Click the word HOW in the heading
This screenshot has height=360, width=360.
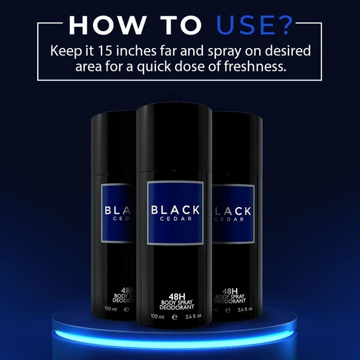107,25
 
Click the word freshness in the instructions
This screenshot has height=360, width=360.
255,67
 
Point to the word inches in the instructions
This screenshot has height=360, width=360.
136,51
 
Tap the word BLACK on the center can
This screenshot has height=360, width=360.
175,210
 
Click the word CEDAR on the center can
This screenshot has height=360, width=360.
176,219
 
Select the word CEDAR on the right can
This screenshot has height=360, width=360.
229,219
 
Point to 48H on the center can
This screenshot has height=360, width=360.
177,296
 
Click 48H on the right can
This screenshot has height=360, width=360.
230,291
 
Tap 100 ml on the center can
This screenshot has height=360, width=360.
157,316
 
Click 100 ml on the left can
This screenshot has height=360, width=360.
110,308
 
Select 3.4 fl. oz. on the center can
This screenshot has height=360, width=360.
194,316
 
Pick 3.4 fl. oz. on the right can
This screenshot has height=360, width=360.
245,309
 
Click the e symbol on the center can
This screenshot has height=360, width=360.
175,317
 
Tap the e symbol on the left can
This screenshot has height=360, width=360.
126,309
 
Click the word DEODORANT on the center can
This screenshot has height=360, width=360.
177,307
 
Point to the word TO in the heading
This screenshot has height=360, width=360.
181,25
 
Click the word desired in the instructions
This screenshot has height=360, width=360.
287,51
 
